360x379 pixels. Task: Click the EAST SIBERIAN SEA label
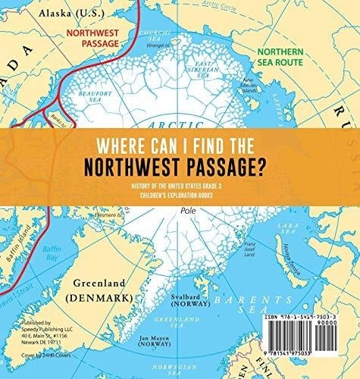point(206,67)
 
